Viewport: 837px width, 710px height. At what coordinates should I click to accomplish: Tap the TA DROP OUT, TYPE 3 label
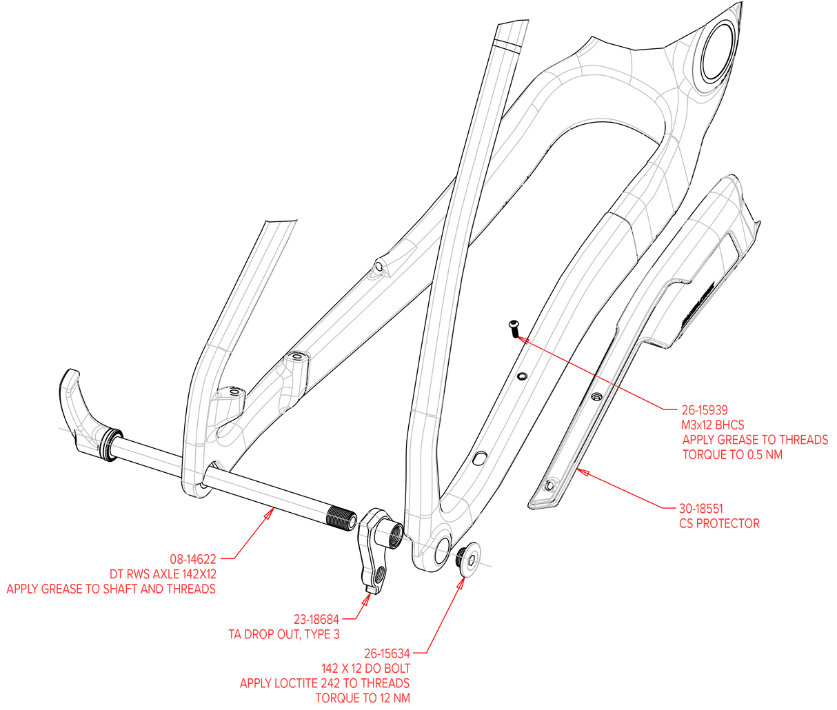[284, 633]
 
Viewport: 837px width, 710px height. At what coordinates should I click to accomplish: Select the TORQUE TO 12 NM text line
[363, 698]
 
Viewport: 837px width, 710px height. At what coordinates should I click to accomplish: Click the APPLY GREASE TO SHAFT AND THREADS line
[111, 589]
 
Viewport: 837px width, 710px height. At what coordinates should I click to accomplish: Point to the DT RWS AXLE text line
[163, 574]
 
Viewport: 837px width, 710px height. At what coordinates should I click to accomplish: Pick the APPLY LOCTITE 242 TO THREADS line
[325, 683]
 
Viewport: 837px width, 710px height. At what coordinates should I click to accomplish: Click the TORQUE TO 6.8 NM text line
[732, 455]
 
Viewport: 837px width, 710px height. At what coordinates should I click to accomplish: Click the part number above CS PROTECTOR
[700, 508]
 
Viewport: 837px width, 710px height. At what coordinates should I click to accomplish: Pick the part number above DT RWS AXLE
[193, 558]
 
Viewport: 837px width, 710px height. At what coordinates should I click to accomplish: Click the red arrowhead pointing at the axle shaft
[271, 512]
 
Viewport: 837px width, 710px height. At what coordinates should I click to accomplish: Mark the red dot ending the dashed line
[522, 339]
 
